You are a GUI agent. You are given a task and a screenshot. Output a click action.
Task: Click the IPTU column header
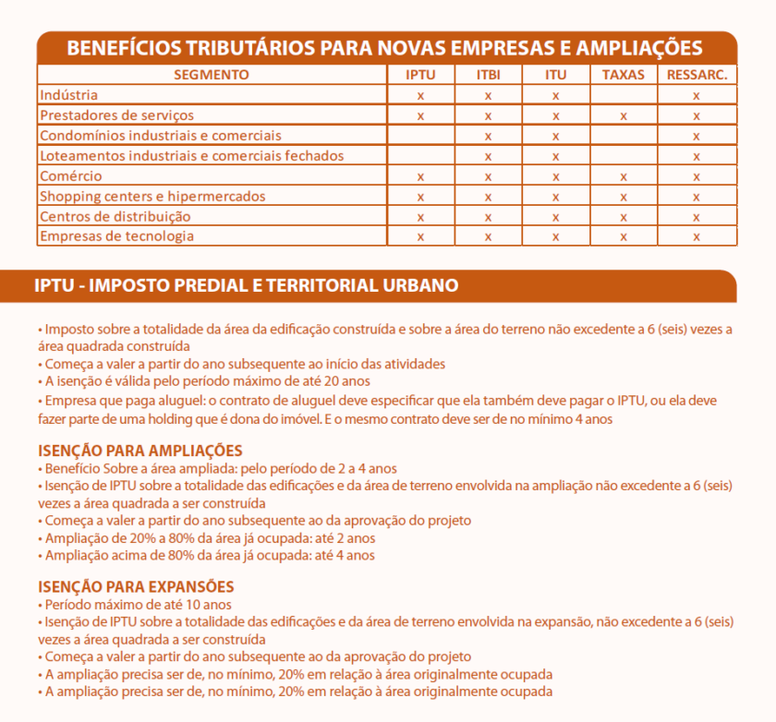coord(420,75)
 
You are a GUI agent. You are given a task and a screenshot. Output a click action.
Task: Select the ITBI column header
coord(488,75)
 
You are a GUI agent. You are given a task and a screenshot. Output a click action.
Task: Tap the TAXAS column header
coord(623,75)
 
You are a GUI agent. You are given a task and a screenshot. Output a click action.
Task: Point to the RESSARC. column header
coord(697,75)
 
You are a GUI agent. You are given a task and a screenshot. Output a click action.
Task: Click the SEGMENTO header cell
coord(212,75)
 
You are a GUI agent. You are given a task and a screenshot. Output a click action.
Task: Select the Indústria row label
coord(68,95)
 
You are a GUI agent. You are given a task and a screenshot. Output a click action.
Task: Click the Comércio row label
coord(70,176)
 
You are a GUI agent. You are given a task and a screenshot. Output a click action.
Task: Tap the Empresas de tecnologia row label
coord(116,236)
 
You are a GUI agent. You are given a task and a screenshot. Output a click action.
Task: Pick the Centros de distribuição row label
coord(115,216)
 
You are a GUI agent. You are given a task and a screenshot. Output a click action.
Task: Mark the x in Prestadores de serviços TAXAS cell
coord(624,116)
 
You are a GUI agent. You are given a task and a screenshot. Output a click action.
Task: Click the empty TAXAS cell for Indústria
coord(623,95)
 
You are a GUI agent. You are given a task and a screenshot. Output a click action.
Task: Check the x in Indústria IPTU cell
coord(420,96)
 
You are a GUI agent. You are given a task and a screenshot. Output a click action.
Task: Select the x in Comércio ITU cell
coord(555,177)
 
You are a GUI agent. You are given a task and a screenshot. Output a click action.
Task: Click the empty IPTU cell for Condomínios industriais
coord(420,136)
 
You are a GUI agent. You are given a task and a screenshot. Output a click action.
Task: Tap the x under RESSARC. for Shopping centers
coord(697,198)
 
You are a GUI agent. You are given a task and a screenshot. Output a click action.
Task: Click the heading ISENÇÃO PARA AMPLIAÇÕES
coord(139,451)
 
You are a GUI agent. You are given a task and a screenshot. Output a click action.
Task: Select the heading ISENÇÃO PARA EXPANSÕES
coord(136,586)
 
